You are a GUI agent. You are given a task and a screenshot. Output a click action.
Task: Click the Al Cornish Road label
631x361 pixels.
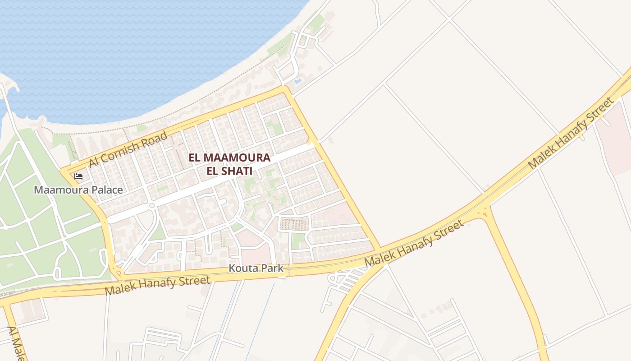(128, 149)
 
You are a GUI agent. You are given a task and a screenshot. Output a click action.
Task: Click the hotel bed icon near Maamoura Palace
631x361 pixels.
(78, 176)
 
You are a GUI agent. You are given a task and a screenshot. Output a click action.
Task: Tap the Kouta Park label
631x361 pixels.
(256, 268)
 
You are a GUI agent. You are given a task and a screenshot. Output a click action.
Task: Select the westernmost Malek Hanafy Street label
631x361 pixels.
(157, 286)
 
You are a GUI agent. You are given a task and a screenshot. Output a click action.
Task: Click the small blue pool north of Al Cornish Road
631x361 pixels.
(297, 82)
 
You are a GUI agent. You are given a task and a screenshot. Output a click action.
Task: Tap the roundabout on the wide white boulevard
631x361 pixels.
(152, 206)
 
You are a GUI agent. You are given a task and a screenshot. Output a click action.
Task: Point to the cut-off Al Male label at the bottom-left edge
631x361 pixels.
(14, 343)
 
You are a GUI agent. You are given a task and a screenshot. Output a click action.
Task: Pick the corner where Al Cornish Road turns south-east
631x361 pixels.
(284, 89)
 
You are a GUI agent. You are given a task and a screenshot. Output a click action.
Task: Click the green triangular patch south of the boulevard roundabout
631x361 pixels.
(158, 232)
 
